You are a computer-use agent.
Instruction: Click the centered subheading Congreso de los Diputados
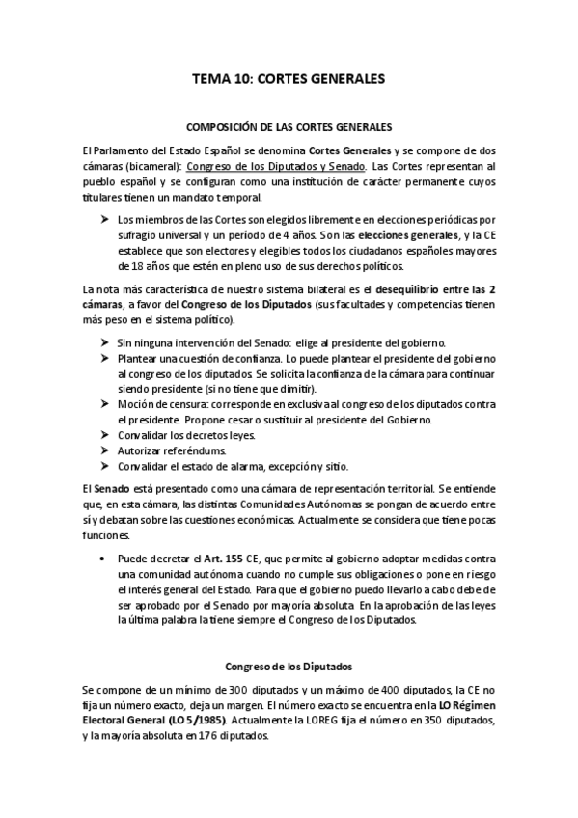pos(289,666)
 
